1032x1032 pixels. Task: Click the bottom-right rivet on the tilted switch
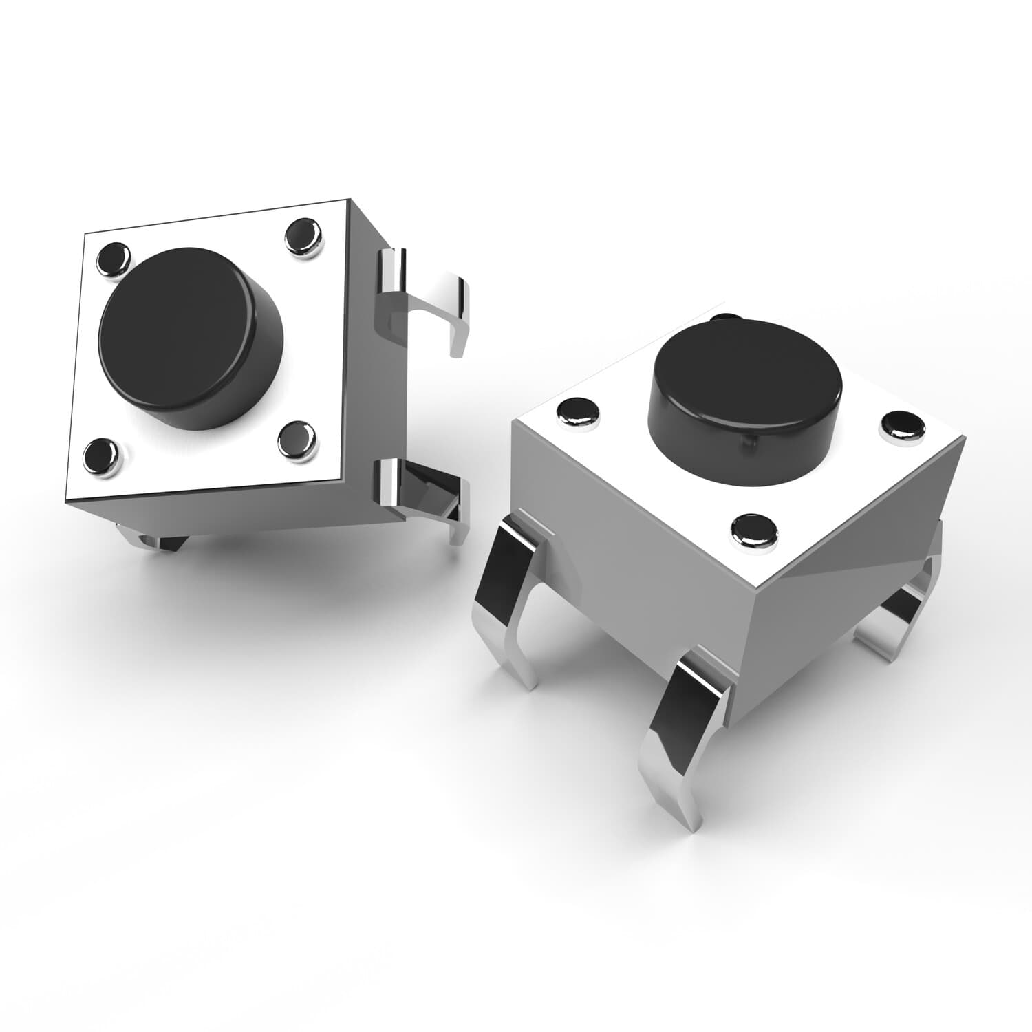(x=297, y=438)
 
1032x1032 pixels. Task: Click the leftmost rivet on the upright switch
(x=577, y=413)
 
